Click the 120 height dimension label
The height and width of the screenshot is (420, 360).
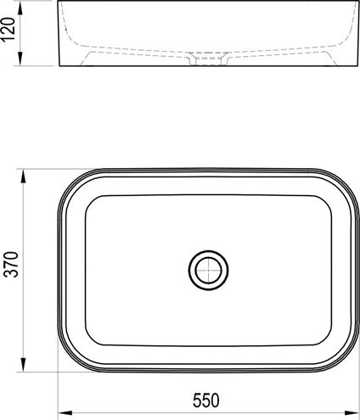(x=8, y=29)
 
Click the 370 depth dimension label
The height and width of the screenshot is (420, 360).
(x=12, y=265)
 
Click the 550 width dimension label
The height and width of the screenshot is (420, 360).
(x=206, y=400)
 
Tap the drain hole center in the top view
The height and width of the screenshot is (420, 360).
(x=208, y=270)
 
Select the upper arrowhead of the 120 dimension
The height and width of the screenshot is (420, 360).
(x=20, y=8)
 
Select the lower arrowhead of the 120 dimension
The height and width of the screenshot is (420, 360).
(x=20, y=59)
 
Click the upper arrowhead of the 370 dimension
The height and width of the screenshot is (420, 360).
(x=23, y=176)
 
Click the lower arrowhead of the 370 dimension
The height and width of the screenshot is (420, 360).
(x=23, y=365)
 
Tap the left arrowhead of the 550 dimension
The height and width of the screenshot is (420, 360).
(x=65, y=413)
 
